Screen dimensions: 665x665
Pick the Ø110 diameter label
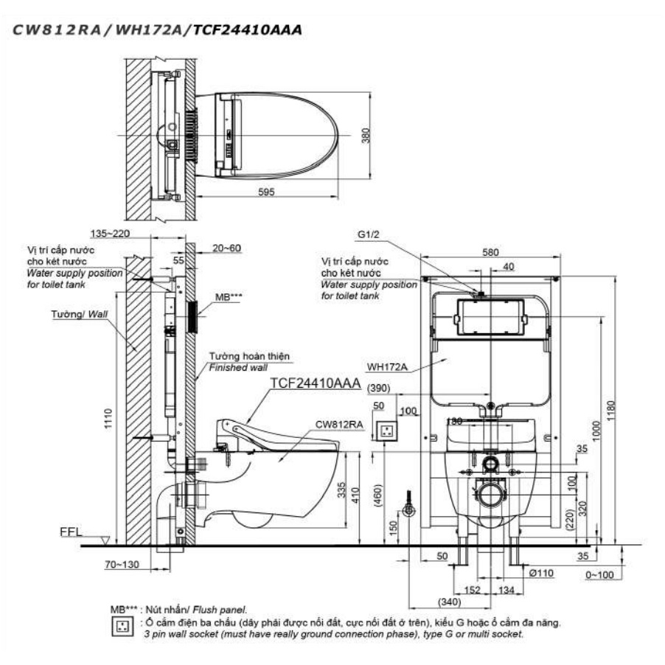(x=542, y=572)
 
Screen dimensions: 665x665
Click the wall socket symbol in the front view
(x=386, y=429)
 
